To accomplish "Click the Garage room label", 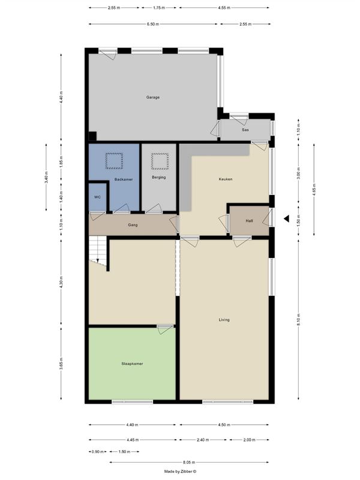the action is [153, 97].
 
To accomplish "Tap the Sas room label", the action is [245, 130].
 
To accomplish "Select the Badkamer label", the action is [124, 179].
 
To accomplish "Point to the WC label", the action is [97, 197].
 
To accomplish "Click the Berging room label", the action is [158, 177].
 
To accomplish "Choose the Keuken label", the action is [226, 179].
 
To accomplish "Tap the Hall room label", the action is [249, 221].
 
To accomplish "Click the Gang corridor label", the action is [133, 225].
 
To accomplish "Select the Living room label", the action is [224, 320].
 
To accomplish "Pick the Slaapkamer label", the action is [132, 364].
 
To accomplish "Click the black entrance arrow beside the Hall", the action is [287, 218].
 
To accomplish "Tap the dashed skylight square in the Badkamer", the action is [114, 161].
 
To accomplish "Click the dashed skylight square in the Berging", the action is [160, 161].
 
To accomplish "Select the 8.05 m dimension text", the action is [189, 462].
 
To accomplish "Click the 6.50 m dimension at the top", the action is [153, 24].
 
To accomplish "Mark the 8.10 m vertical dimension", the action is [298, 320].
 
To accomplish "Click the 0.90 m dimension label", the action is [97, 452].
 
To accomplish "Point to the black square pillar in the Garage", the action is [92, 136].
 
